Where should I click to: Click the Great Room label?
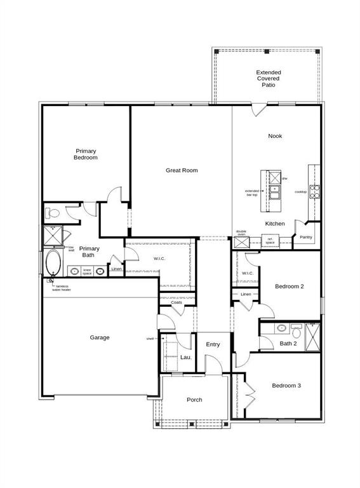182,170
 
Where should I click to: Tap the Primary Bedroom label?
86,154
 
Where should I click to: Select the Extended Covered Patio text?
269,78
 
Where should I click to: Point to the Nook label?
275,136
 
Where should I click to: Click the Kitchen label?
275,224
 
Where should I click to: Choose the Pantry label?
306,238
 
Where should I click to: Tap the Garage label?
99,337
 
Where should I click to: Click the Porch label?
194,400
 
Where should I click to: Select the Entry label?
213,344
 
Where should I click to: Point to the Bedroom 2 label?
289,287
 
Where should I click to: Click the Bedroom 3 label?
286,386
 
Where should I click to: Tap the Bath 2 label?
288,344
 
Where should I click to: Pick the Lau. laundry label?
186,358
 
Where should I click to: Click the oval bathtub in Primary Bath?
52,262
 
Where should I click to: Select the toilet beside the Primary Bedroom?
54,213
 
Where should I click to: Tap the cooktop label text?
300,192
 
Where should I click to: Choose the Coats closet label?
177,302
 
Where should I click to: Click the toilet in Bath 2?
296,329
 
